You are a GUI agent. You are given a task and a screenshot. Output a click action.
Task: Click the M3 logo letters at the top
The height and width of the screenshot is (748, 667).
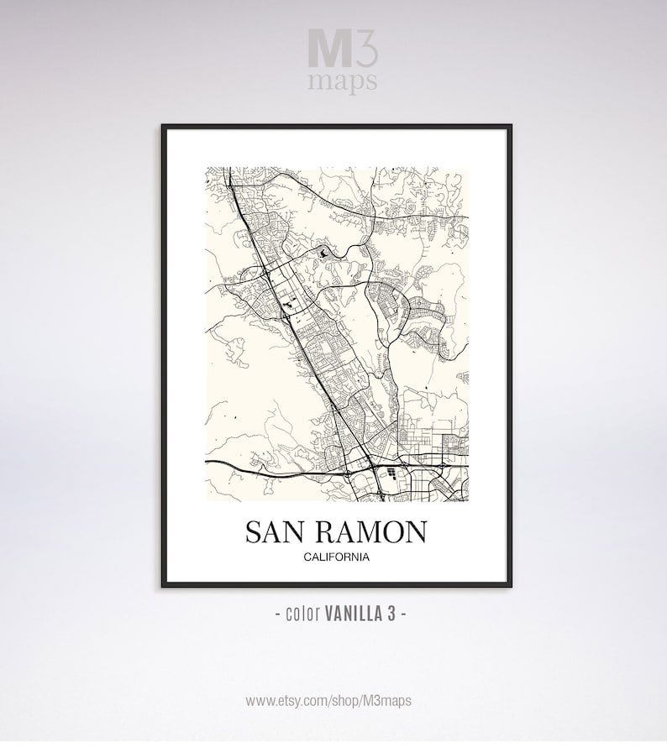click(343, 49)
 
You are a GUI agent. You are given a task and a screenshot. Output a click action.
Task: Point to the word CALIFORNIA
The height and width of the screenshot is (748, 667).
click(335, 557)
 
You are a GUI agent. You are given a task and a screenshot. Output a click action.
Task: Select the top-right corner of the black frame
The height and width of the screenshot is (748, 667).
click(510, 126)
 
